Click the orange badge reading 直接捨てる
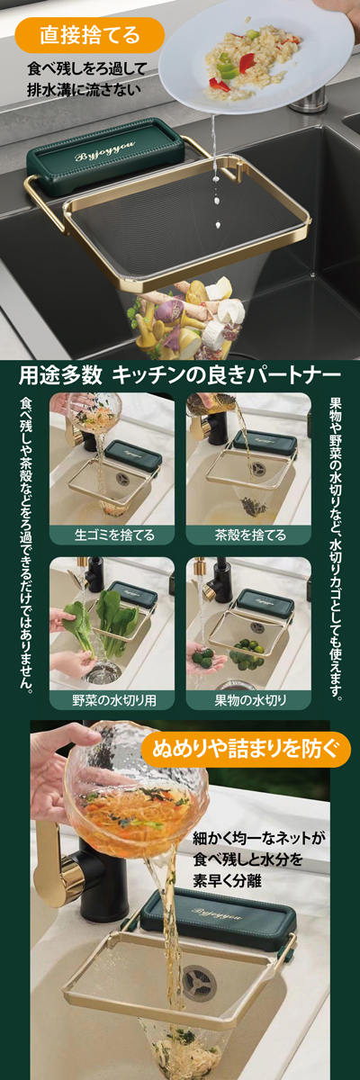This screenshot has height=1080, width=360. [90, 35]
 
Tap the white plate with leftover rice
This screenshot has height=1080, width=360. [256, 58]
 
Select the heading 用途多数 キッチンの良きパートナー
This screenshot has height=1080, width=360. [180, 375]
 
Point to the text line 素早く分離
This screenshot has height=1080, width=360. [227, 880]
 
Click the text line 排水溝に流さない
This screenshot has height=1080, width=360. [85, 90]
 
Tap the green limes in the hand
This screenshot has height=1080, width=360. [202, 655]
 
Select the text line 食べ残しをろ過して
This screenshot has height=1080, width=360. [86, 69]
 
